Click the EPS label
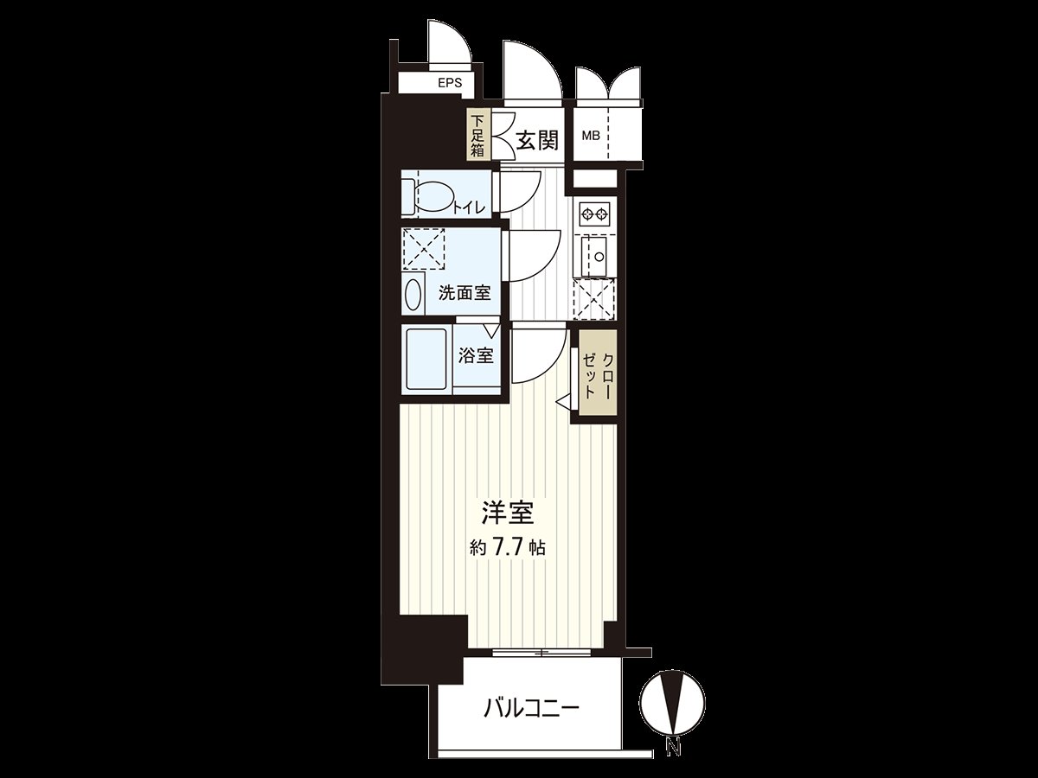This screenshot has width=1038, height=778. click(x=449, y=84)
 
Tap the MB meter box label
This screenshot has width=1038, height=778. click(x=591, y=136)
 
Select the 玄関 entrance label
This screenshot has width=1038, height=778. click(x=536, y=139)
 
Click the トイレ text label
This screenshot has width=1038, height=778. click(x=468, y=206)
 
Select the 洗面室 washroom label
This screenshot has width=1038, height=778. click(x=465, y=292)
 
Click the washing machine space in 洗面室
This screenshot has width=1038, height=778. click(x=424, y=250)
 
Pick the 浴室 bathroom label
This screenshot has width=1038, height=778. click(x=476, y=355)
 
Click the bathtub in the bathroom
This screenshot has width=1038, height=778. click(x=425, y=359)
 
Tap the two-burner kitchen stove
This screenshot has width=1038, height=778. click(x=594, y=213)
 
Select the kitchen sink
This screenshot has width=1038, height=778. click(x=595, y=255)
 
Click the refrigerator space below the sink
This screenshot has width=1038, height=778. click(x=595, y=299)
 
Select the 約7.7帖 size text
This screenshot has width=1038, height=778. click(x=508, y=546)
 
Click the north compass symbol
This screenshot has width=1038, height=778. click(x=673, y=702)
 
